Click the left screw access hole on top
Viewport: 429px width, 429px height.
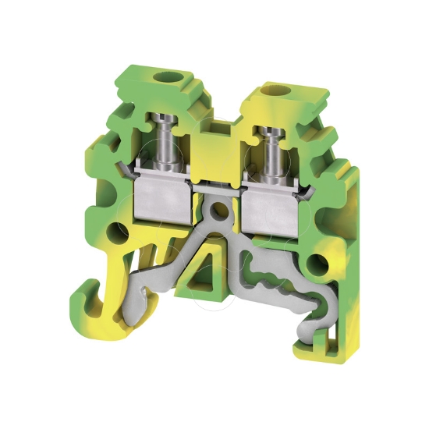[x=167, y=78]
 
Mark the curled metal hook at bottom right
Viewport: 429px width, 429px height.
[x=307, y=328]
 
